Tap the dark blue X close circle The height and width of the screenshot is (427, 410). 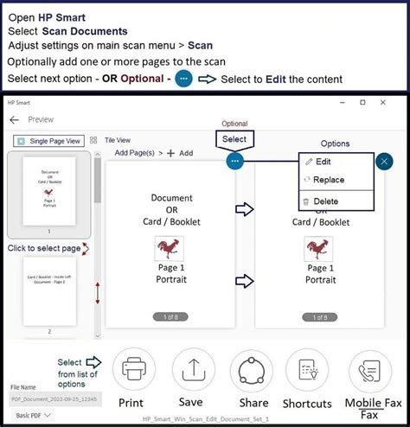(x=385, y=161)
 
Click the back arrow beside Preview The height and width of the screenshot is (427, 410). (x=14, y=120)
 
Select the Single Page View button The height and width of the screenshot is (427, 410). (x=48, y=140)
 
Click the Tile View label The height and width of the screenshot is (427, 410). (x=118, y=139)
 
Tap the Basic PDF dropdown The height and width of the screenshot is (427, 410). (x=30, y=416)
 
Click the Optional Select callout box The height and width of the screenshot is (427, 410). (x=234, y=139)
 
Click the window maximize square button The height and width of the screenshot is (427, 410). (x=362, y=102)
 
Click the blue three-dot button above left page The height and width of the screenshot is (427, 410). (x=235, y=161)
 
